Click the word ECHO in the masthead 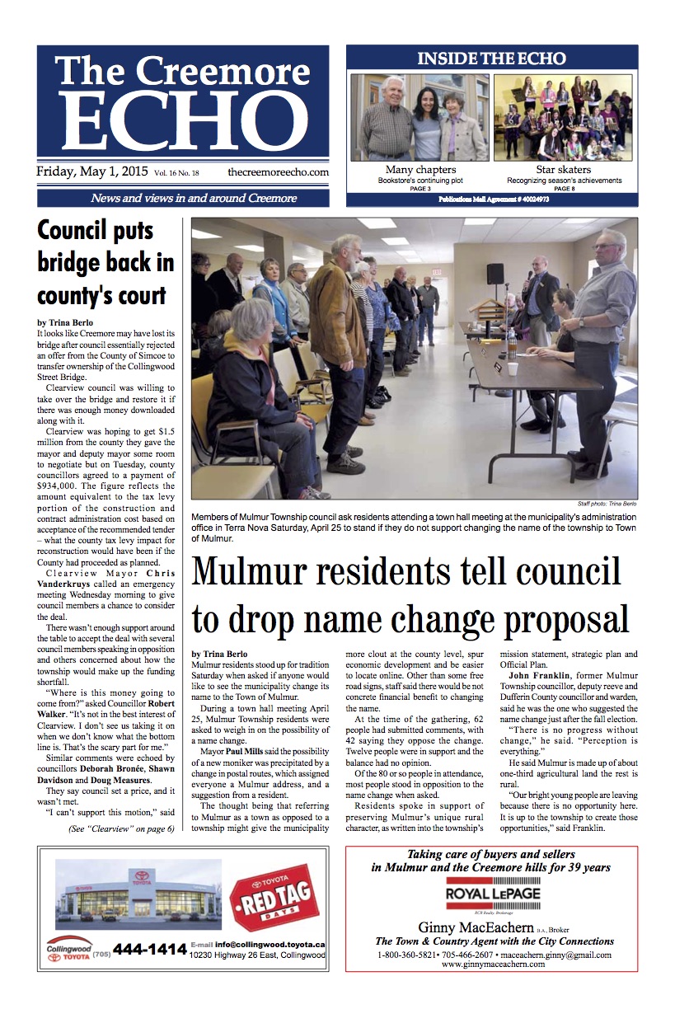click(183, 120)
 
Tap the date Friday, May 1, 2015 click(91, 172)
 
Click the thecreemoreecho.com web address click(278, 172)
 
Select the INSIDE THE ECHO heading click(491, 59)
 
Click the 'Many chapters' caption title click(421, 170)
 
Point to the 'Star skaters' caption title click(564, 170)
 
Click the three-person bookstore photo click(420, 118)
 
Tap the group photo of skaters click(564, 118)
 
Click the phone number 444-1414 click(149, 950)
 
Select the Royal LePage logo click(491, 895)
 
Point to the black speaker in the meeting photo click(495, 275)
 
